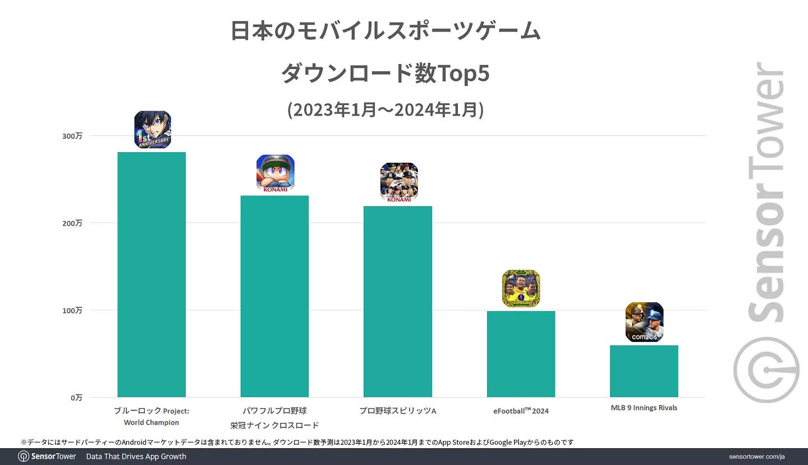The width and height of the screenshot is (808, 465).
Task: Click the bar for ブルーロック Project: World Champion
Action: coord(151,275)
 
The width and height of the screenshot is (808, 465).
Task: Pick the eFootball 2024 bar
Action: coord(521,354)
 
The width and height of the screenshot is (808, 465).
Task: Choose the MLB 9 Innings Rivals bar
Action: coord(644,371)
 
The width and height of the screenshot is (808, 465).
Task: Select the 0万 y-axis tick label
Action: coord(76,397)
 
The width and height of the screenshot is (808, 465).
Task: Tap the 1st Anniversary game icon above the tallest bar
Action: coord(153,130)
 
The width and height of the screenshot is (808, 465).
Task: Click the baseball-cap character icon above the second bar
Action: coord(276,174)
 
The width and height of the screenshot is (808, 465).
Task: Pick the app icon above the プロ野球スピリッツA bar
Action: coord(399,183)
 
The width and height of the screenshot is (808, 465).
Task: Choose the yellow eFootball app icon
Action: coord(521,289)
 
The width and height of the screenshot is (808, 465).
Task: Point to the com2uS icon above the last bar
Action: coord(644,322)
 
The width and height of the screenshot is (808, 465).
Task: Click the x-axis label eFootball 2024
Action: coord(521,411)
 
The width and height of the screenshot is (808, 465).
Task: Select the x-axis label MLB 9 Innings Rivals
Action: coord(644,408)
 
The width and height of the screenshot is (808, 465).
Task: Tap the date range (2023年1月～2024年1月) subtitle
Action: coord(385,110)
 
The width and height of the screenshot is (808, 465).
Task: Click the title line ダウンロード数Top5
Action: coord(385,74)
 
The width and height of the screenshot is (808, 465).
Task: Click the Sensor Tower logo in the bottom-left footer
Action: coord(47,457)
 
